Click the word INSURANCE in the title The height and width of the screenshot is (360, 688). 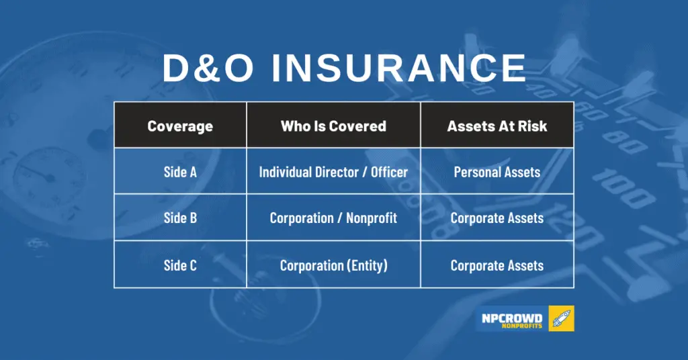(398, 68)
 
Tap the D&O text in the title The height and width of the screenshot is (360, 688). (208, 68)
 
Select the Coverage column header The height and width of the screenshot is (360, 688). (180, 126)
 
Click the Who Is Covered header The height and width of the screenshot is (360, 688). (333, 126)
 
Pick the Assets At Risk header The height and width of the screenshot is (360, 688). (497, 126)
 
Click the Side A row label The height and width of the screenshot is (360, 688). (180, 172)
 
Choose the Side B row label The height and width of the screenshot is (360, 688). (180, 218)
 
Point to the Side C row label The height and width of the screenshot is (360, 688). (180, 265)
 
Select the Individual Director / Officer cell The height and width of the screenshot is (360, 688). (333, 172)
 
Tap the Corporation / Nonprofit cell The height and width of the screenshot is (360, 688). (333, 218)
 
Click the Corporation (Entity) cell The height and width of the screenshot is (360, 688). (333, 265)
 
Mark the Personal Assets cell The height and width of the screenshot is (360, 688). (497, 172)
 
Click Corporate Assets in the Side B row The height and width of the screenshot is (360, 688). (497, 218)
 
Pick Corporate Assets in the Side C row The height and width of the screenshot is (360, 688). (497, 265)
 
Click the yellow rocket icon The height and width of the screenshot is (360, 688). (561, 318)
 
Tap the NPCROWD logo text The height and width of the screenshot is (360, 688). (511, 318)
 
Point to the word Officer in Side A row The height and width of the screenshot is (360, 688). (389, 172)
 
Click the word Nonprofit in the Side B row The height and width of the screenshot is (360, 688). (371, 218)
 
